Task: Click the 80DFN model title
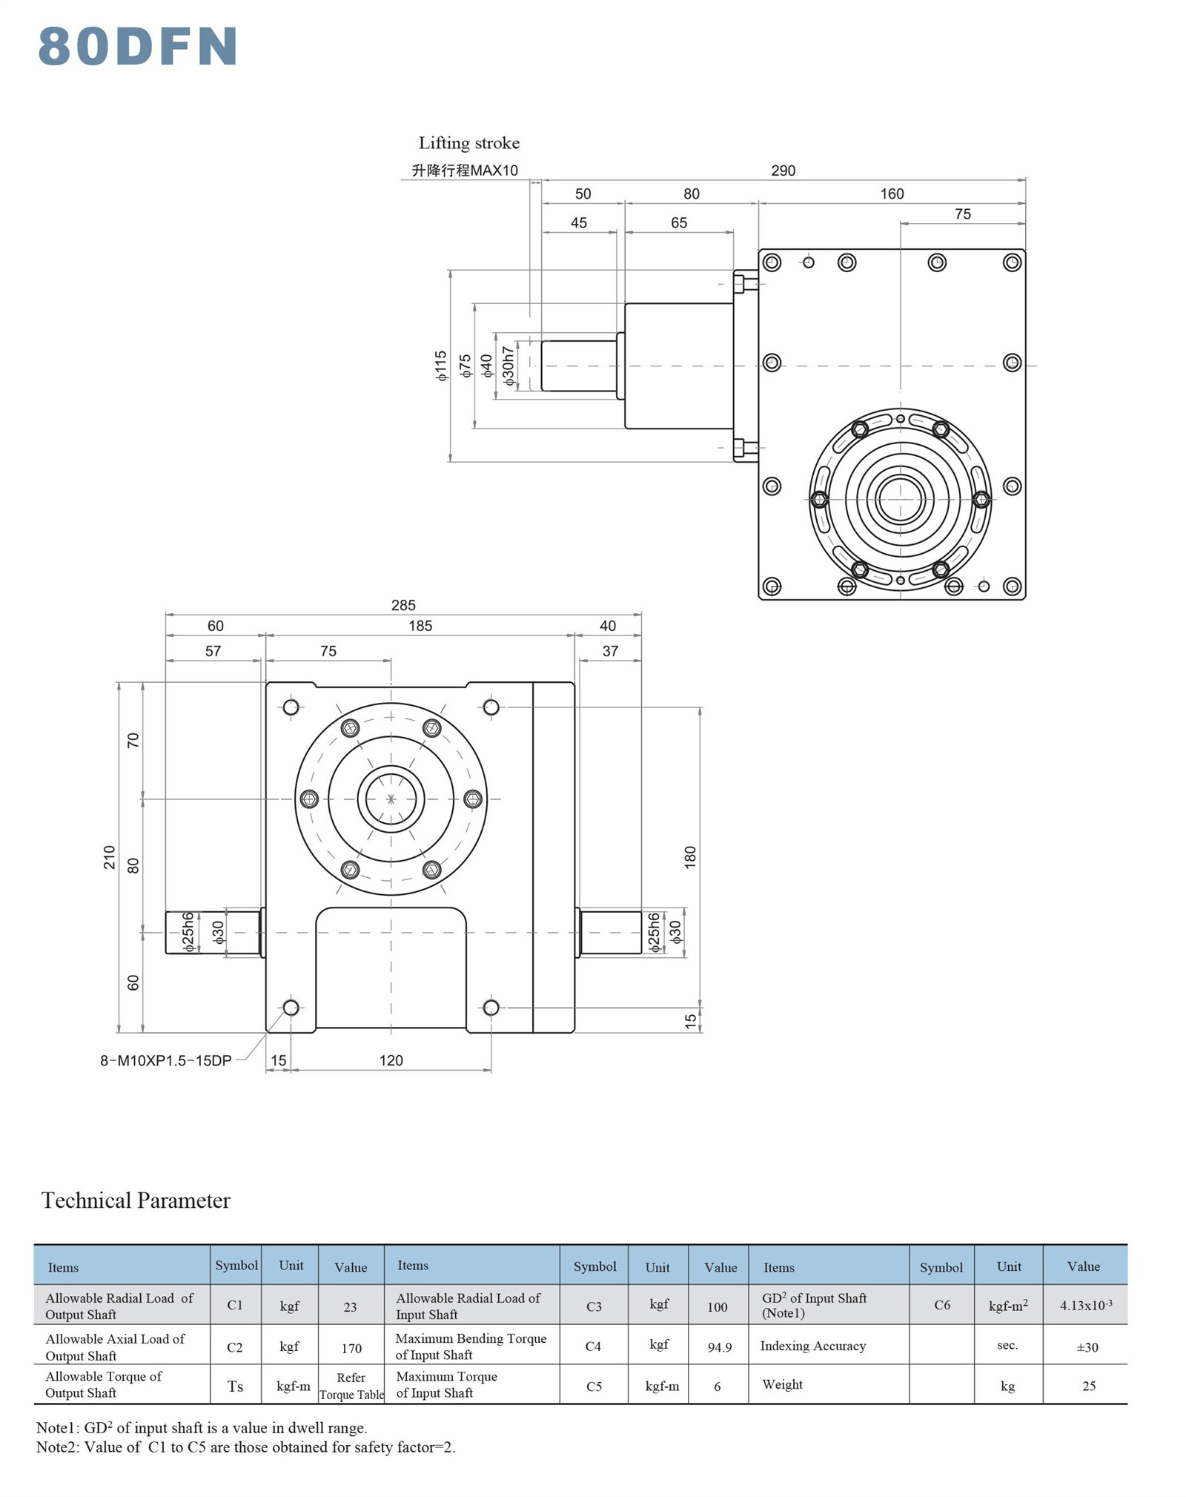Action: tap(138, 47)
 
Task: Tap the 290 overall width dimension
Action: tap(783, 171)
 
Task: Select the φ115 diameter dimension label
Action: tap(442, 366)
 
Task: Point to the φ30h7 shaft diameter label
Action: tap(508, 365)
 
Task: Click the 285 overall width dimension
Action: tap(403, 605)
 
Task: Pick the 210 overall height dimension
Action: tap(110, 857)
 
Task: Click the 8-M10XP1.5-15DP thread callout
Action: tap(166, 1060)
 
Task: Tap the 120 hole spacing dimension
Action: tap(391, 1060)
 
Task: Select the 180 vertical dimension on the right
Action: tap(690, 857)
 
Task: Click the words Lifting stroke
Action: tap(469, 143)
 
